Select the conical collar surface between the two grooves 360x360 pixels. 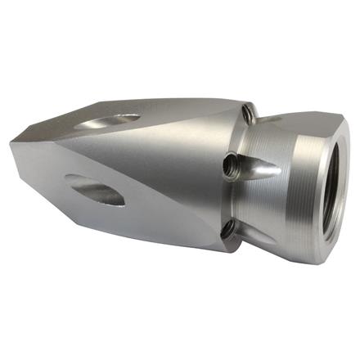pos(270,205)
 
